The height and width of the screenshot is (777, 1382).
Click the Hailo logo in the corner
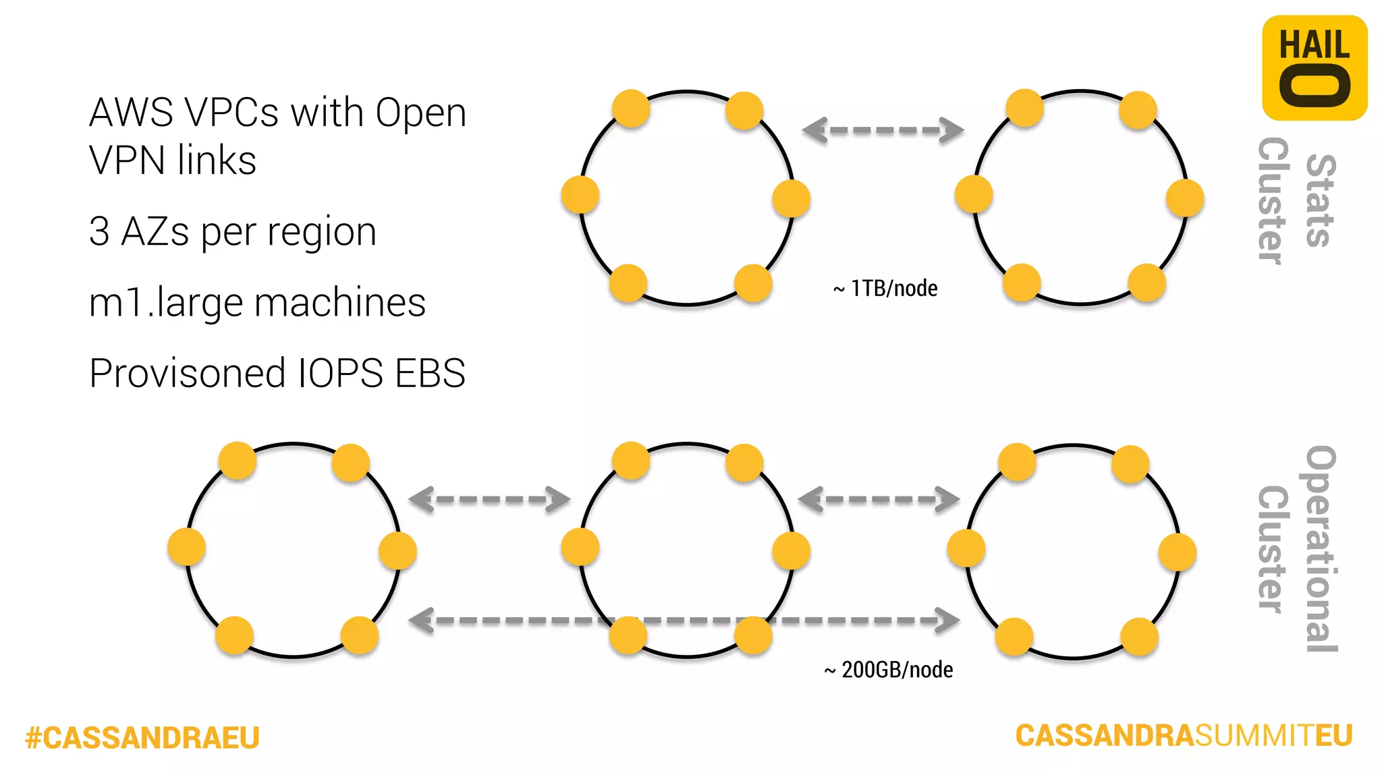pyautogui.click(x=1314, y=67)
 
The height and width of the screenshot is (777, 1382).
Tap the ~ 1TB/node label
pyautogui.click(x=885, y=289)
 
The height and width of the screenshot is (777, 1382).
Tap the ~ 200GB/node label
pyautogui.click(x=889, y=670)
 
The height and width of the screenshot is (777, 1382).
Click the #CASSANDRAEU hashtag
pyautogui.click(x=142, y=737)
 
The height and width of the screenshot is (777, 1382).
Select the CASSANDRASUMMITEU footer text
pyautogui.click(x=1184, y=735)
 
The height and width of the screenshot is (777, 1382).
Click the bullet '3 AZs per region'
pyautogui.click(x=233, y=231)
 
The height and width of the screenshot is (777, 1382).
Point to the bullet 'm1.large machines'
pyautogui.click(x=257, y=302)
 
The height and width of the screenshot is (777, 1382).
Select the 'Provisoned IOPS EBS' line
pyautogui.click(x=277, y=373)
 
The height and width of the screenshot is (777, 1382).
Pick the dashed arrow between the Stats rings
pyautogui.click(x=883, y=130)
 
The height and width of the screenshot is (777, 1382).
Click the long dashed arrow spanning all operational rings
pyautogui.click(x=684, y=620)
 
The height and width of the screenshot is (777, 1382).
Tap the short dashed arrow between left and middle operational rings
pyautogui.click(x=490, y=500)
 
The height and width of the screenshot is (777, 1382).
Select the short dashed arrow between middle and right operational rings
pyautogui.click(x=879, y=500)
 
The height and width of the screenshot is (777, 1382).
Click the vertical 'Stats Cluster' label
pyautogui.click(x=1296, y=200)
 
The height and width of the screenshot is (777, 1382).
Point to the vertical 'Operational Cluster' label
pyautogui.click(x=1296, y=548)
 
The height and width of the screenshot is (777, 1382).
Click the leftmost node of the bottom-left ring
pyautogui.click(x=186, y=546)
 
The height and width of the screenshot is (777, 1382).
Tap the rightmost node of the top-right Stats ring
pyautogui.click(x=1185, y=198)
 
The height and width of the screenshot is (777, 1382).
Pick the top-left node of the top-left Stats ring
pyautogui.click(x=631, y=109)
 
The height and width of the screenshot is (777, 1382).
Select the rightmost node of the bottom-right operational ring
pyautogui.click(x=1178, y=552)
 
